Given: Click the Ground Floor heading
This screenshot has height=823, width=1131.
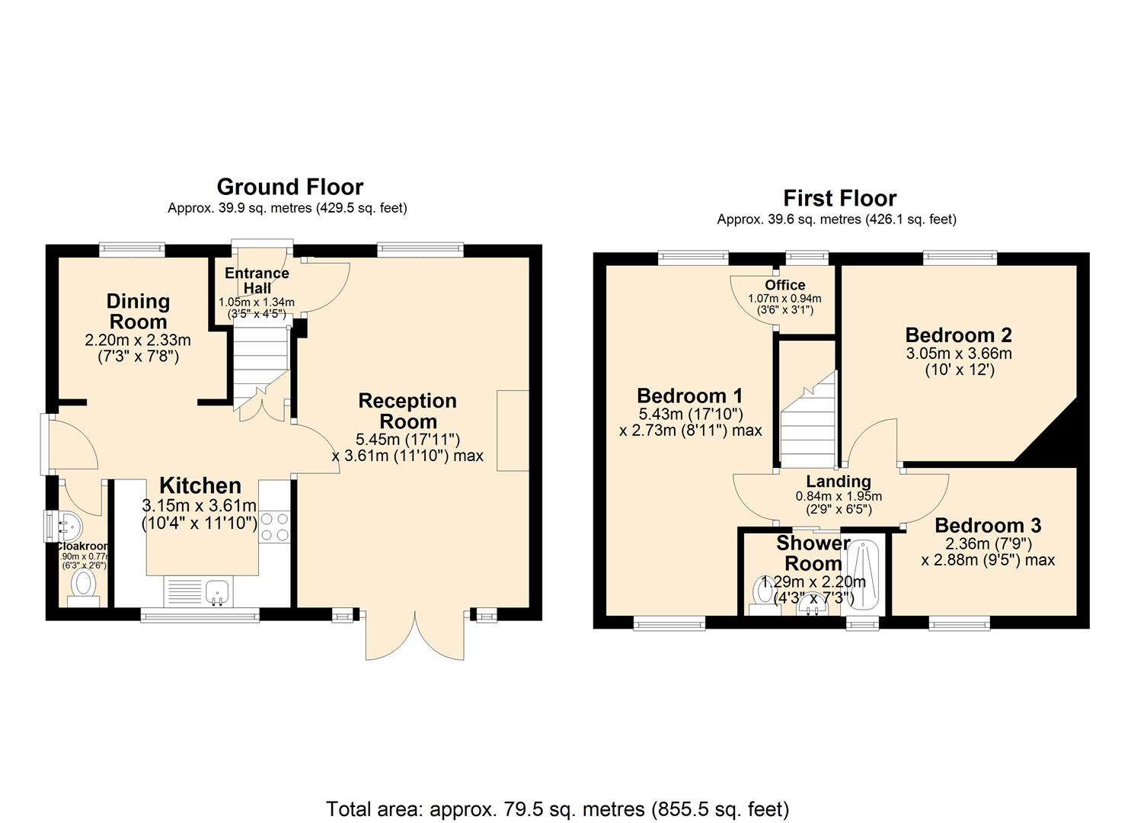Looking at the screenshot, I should click(289, 187).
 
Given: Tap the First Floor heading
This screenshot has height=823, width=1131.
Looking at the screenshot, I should click(839, 198).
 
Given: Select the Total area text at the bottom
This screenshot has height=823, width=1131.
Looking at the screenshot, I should click(558, 809).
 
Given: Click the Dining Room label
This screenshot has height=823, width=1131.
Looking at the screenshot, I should click(138, 311).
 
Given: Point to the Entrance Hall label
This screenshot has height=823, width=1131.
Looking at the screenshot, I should click(257, 280).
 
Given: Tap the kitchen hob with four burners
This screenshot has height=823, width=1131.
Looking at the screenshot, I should click(274, 526).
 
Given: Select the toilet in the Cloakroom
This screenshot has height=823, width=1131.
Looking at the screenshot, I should click(83, 587).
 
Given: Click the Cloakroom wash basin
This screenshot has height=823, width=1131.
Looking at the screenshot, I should click(67, 524).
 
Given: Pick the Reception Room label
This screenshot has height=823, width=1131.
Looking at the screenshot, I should click(407, 411).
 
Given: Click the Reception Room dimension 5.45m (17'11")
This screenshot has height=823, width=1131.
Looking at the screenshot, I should click(407, 440).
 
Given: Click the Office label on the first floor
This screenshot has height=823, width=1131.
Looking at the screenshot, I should click(784, 285).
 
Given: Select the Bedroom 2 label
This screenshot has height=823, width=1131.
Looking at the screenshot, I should click(958, 335).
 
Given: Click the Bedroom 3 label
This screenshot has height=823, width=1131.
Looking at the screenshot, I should click(988, 525).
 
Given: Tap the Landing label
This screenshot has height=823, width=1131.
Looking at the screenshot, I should click(838, 482).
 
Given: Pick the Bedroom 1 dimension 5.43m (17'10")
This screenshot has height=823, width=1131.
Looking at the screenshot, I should click(690, 414).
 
